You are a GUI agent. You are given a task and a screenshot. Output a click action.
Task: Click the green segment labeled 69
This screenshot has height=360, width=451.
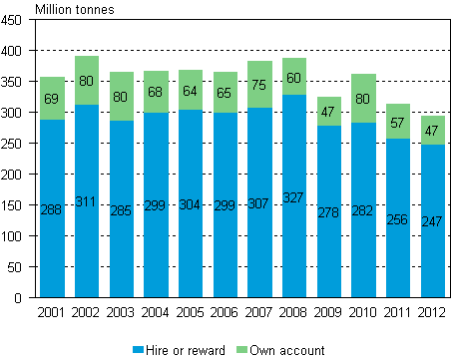[x=52, y=98]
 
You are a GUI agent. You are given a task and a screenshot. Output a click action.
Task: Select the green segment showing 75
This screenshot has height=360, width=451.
[x=259, y=84]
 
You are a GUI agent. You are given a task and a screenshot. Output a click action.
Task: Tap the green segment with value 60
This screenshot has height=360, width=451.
[x=294, y=77]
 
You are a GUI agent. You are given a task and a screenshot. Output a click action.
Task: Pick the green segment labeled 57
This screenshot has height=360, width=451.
[x=398, y=121]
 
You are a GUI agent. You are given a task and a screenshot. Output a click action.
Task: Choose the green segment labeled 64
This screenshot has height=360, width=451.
[x=191, y=90]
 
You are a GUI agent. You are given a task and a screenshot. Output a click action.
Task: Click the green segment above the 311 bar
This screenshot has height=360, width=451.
[x=87, y=80]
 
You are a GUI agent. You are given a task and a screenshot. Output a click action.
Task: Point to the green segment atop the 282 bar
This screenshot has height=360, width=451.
[x=363, y=98]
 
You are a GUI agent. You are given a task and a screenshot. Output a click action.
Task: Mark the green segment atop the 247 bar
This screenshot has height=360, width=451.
[x=432, y=131]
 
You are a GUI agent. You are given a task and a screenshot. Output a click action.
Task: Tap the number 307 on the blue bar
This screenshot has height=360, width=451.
[x=259, y=204]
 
